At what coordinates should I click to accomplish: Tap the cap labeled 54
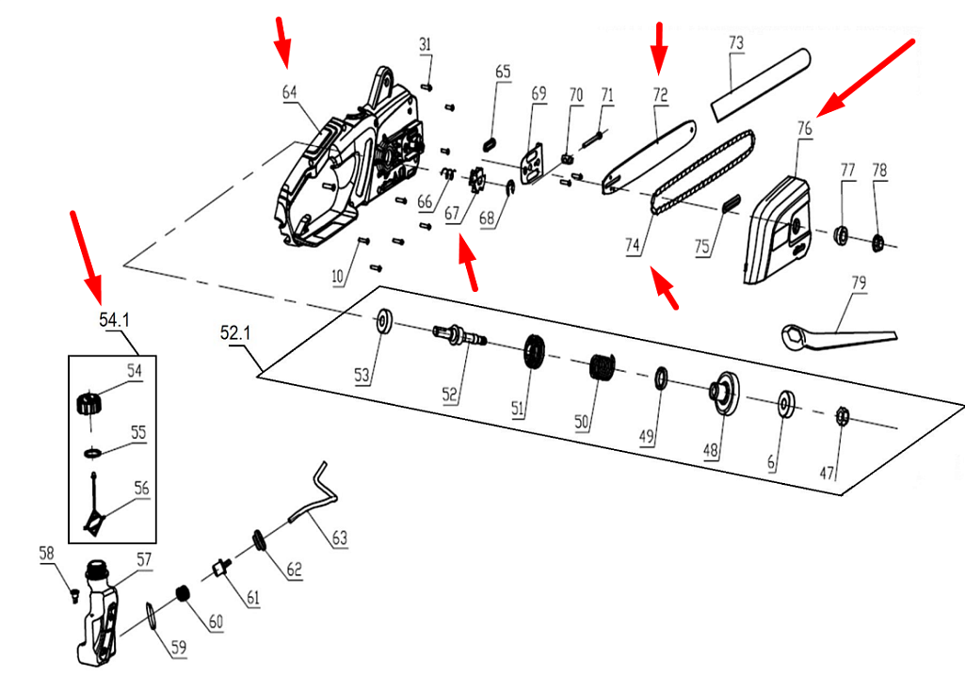[88, 404]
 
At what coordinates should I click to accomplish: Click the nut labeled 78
[877, 243]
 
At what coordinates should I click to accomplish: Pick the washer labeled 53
[386, 320]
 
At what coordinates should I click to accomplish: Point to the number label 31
[426, 44]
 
